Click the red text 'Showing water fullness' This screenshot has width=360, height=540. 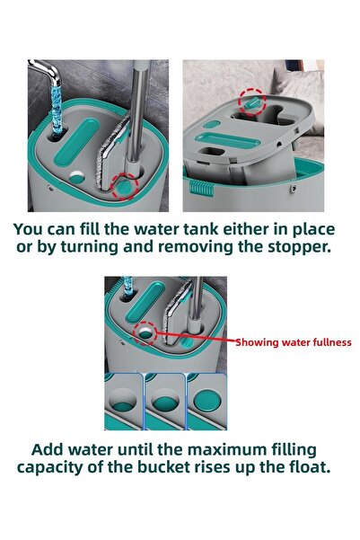click(293, 342)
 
